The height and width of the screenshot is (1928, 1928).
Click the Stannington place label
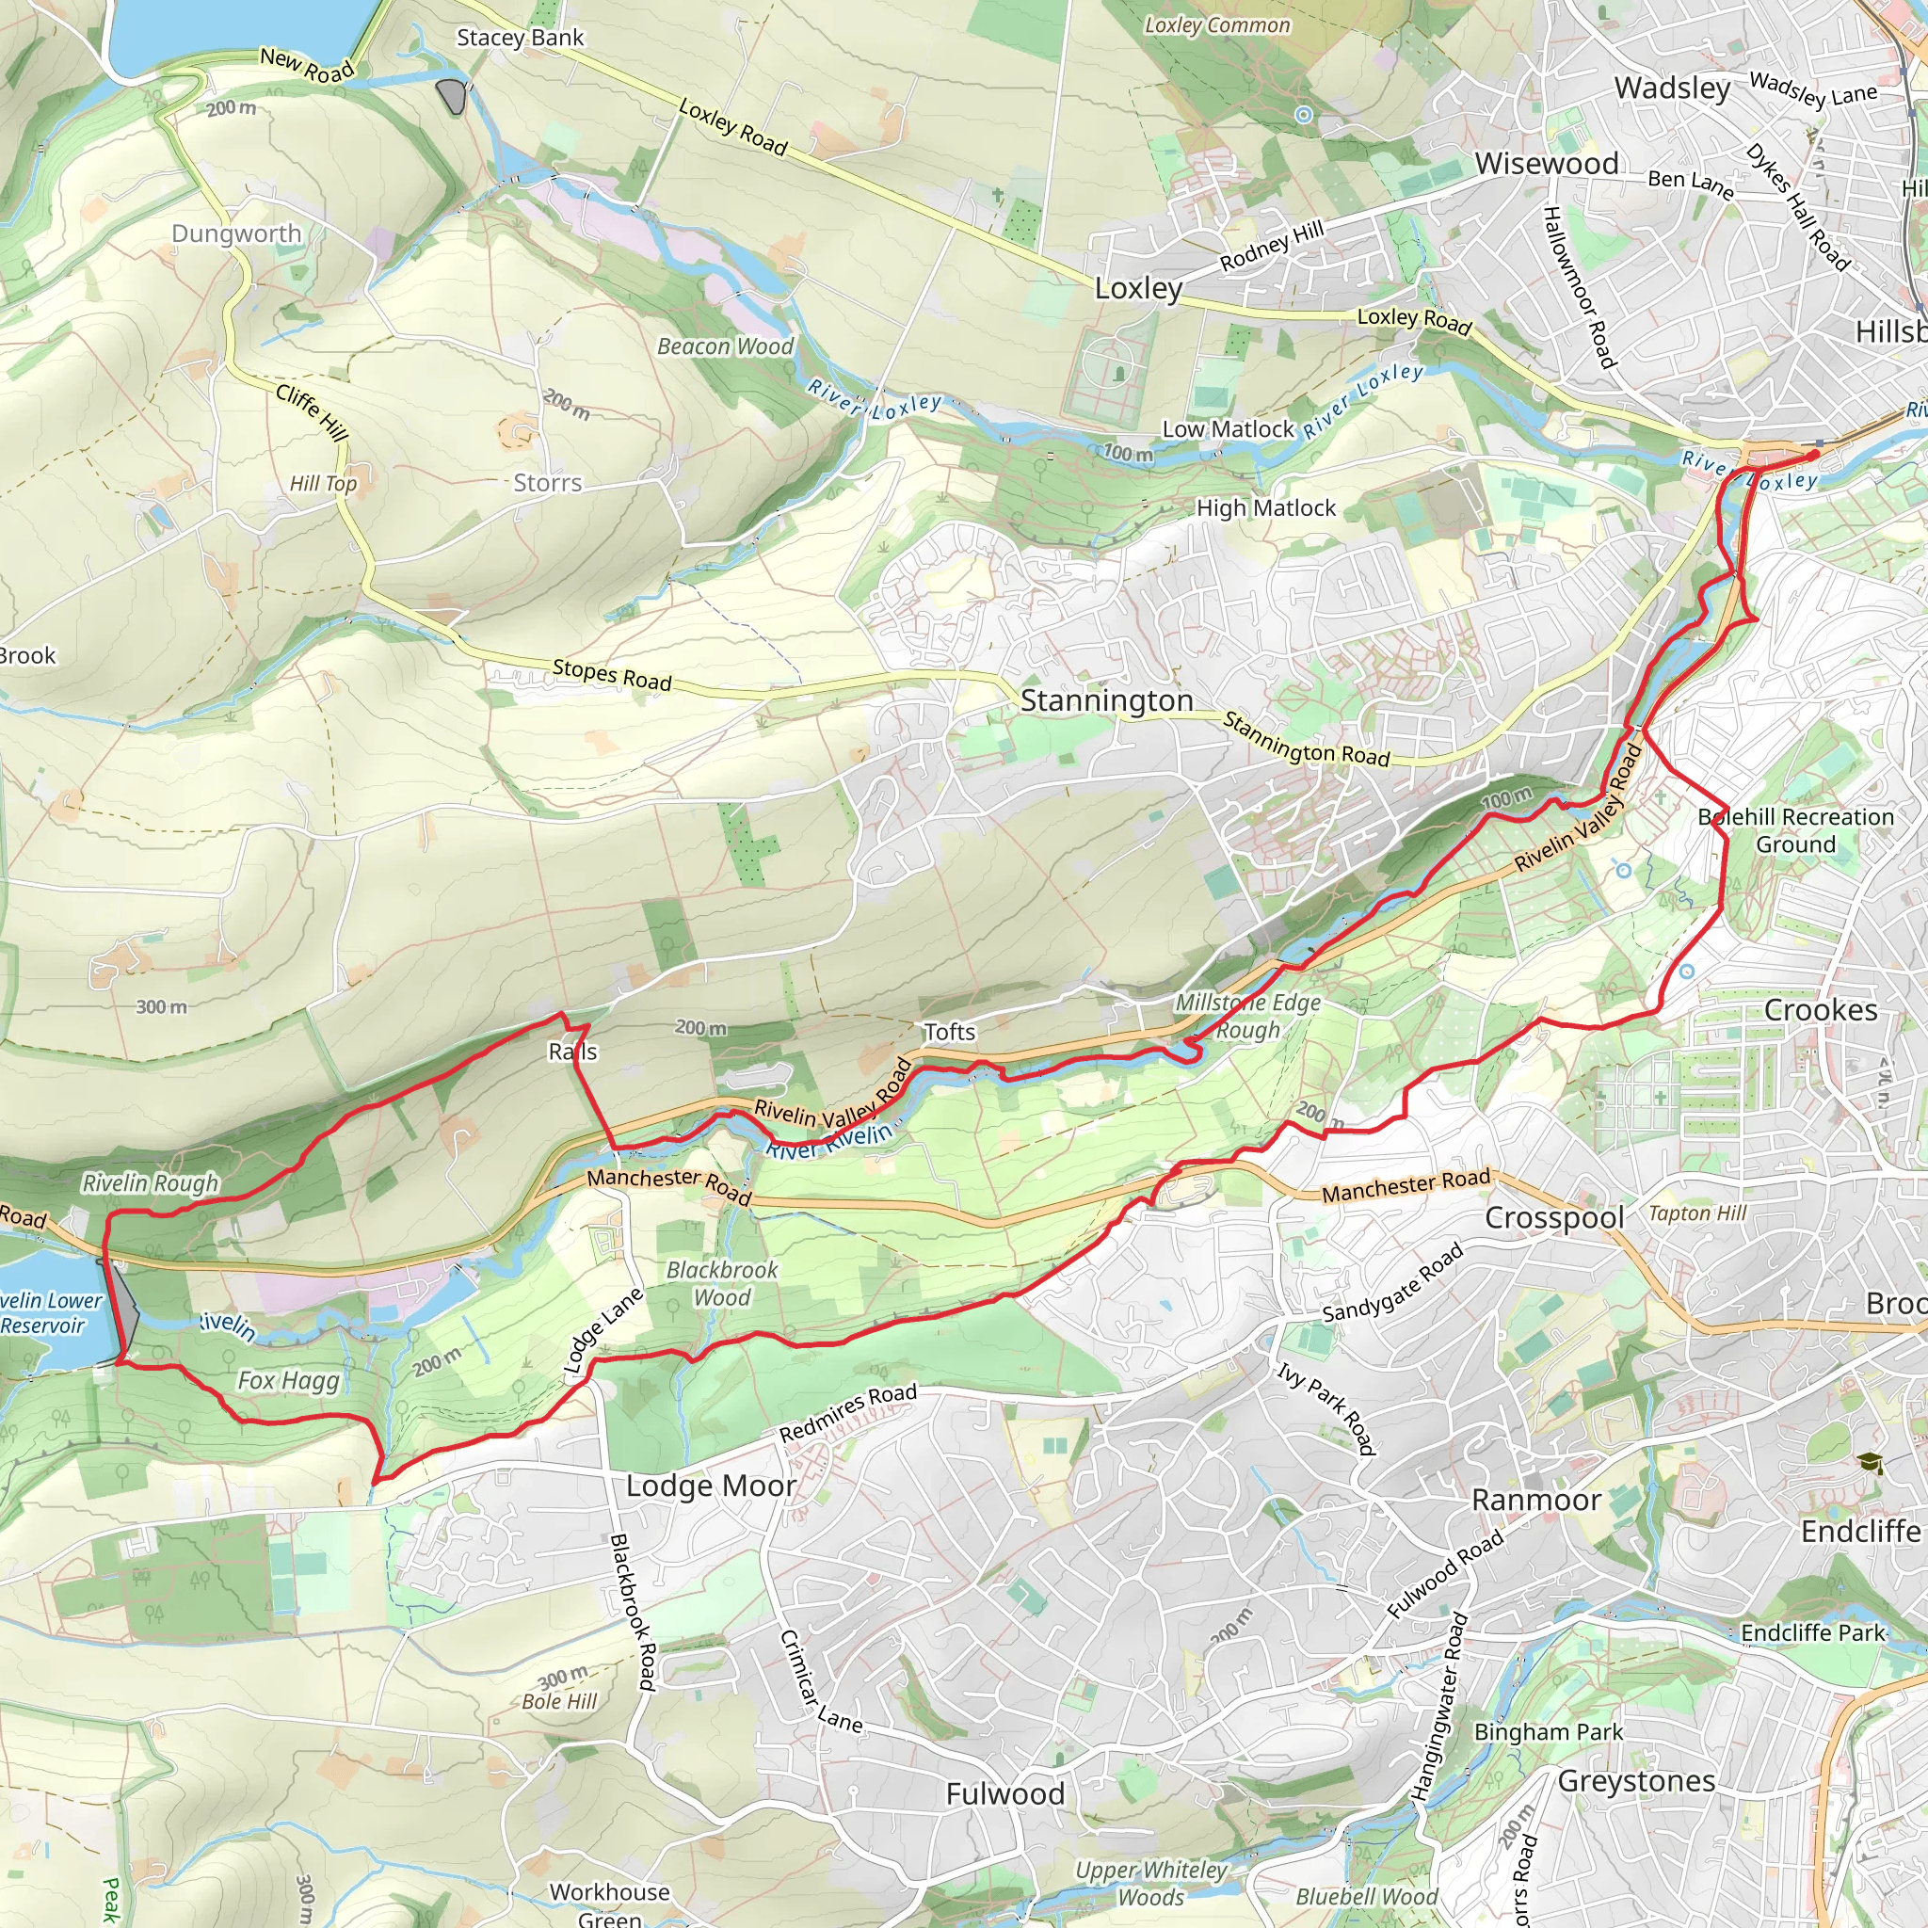pyautogui.click(x=1106, y=700)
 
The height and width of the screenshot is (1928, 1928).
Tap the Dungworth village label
pyautogui.click(x=236, y=233)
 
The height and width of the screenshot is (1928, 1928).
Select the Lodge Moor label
pyautogui.click(x=711, y=1486)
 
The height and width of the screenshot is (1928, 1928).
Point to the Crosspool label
pyautogui.click(x=1555, y=1217)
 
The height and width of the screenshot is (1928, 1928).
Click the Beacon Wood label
pyautogui.click(x=726, y=346)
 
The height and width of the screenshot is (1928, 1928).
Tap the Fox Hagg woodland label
pyautogui.click(x=288, y=1380)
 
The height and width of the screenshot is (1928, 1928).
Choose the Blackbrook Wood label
pyautogui.click(x=721, y=1283)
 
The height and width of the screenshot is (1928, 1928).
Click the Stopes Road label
pyautogui.click(x=612, y=675)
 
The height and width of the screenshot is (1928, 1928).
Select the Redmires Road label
pyautogui.click(x=847, y=1412)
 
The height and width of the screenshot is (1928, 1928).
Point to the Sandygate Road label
pyautogui.click(x=1392, y=1283)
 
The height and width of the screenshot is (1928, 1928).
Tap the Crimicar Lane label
pyautogui.click(x=820, y=1681)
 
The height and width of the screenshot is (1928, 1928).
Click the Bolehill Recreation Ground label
pyautogui.click(x=1795, y=830)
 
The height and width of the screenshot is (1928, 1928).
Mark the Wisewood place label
pyautogui.click(x=1547, y=164)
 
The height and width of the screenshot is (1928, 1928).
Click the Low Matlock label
pyautogui.click(x=1228, y=429)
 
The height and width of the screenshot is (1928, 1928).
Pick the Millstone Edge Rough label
pyautogui.click(x=1247, y=1016)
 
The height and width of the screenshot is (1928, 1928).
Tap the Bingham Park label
pyautogui.click(x=1548, y=1731)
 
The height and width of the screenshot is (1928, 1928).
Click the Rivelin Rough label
pyautogui.click(x=150, y=1182)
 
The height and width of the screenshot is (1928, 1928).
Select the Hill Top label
pyautogui.click(x=322, y=484)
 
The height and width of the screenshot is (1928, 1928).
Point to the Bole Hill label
pyautogui.click(x=559, y=1701)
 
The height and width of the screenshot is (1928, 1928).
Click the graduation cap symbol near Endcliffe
pyautogui.click(x=1869, y=1464)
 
